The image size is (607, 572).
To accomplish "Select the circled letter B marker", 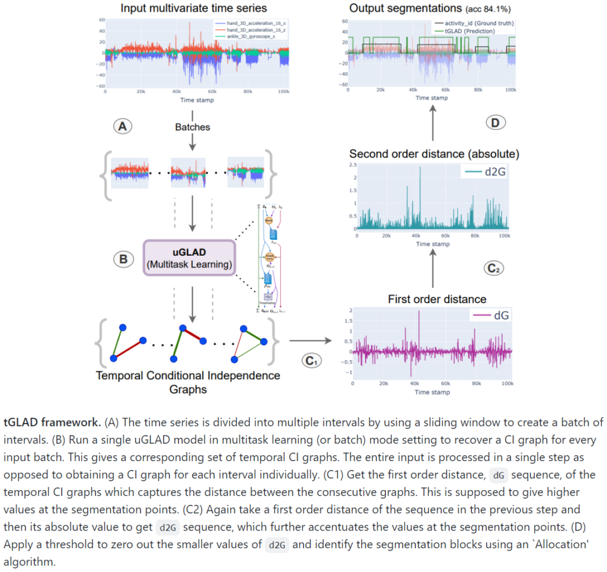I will (x=123, y=259).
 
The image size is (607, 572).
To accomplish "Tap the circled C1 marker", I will (x=309, y=360).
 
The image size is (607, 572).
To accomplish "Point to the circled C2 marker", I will (x=494, y=268).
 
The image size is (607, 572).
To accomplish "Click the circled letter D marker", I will (x=494, y=123).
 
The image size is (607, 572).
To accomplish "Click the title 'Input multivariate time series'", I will (x=193, y=8).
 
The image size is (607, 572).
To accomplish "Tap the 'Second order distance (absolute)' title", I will (x=435, y=154).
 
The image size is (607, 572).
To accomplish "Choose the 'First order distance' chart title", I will (x=437, y=299).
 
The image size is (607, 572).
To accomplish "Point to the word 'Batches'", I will (x=193, y=127).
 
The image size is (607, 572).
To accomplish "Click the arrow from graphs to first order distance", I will (x=309, y=341).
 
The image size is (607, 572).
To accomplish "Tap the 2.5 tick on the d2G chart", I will (x=353, y=164).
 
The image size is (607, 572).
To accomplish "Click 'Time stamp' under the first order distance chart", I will (x=432, y=392).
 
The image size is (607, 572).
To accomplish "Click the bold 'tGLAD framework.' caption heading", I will (x=52, y=422).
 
